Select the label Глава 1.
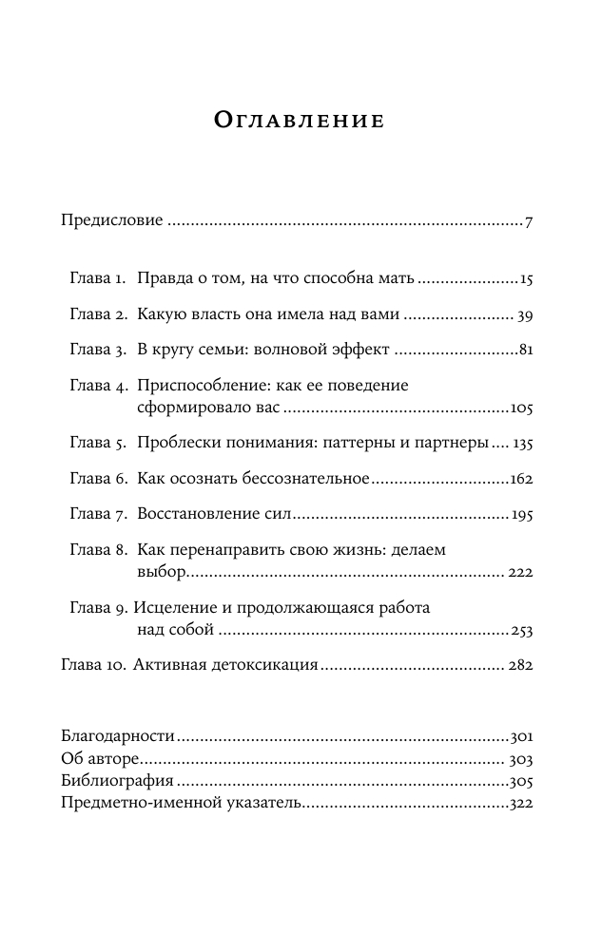(x=98, y=280)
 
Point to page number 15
(x=525, y=281)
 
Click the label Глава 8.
(x=98, y=549)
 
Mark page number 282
(x=520, y=667)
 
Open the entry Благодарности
(x=119, y=736)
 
